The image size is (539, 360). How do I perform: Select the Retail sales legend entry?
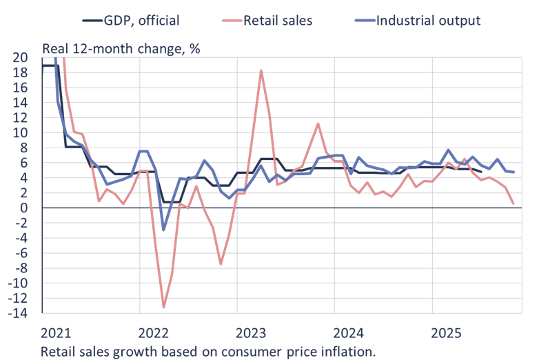point(277,20)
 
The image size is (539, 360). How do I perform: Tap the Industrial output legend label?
point(428,20)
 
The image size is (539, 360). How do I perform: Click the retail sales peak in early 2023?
point(261,70)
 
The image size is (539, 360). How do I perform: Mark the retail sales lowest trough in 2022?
point(164,308)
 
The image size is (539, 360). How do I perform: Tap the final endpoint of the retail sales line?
point(513,203)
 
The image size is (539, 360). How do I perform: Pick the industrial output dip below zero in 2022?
point(163,230)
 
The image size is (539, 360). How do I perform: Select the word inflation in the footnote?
point(349,351)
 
